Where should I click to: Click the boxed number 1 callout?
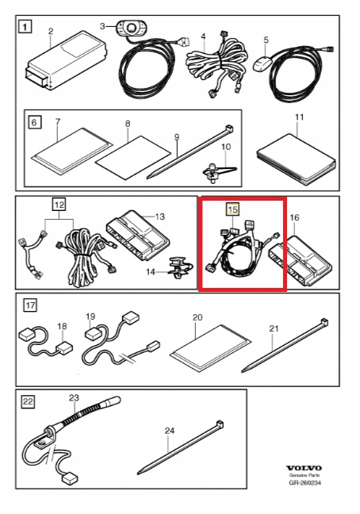pos(25,26)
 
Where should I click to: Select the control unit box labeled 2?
pos(67,60)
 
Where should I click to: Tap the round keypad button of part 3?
pos(131,26)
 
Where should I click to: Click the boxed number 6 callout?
pos(35,123)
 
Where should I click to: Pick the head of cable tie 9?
pos(230,128)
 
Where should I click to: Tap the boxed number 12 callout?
pos(59,205)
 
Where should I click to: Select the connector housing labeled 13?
pos(138,234)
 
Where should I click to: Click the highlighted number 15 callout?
pos(232,209)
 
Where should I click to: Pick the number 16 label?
pos(294,217)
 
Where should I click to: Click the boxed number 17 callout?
pos(30,305)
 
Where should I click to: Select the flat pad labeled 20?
pos(211,347)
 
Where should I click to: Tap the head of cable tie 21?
pos(324,322)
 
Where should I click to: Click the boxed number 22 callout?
pos(28,401)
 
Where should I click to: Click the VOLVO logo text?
pos(304,468)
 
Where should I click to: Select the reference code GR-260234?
pos(305,482)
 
